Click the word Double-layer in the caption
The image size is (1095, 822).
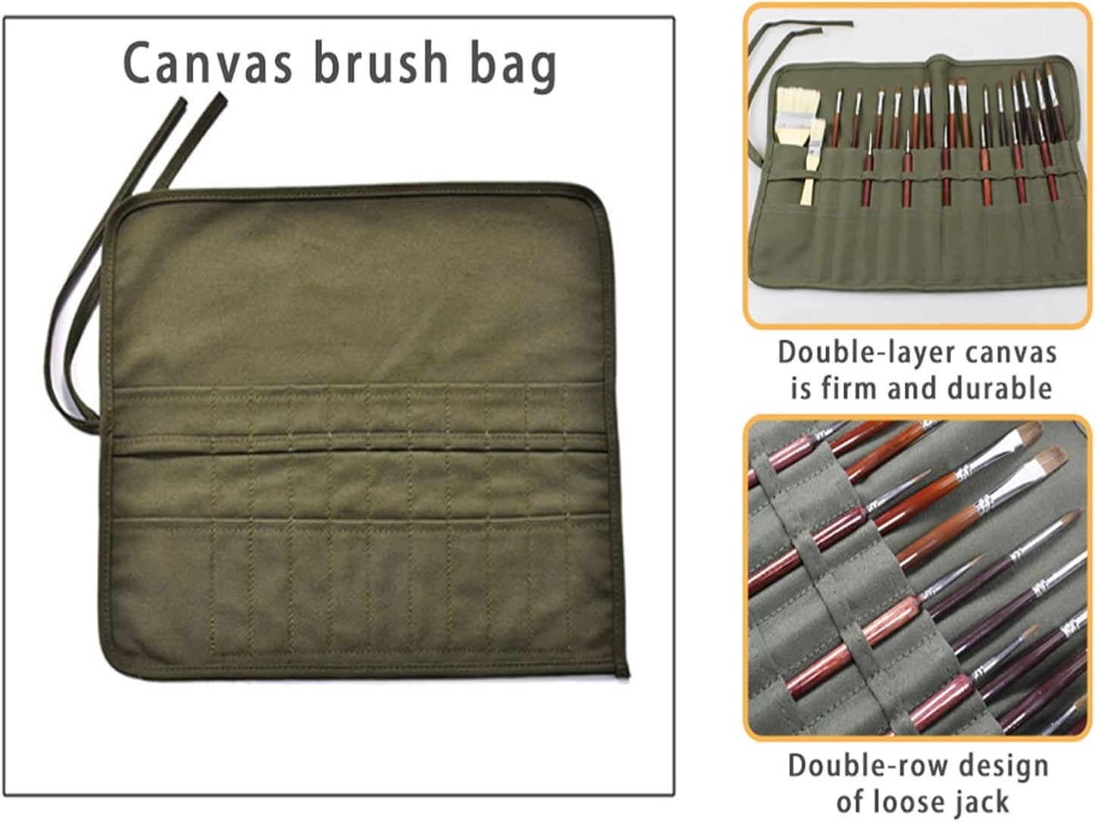[858, 354]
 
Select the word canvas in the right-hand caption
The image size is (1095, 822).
[1014, 354]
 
